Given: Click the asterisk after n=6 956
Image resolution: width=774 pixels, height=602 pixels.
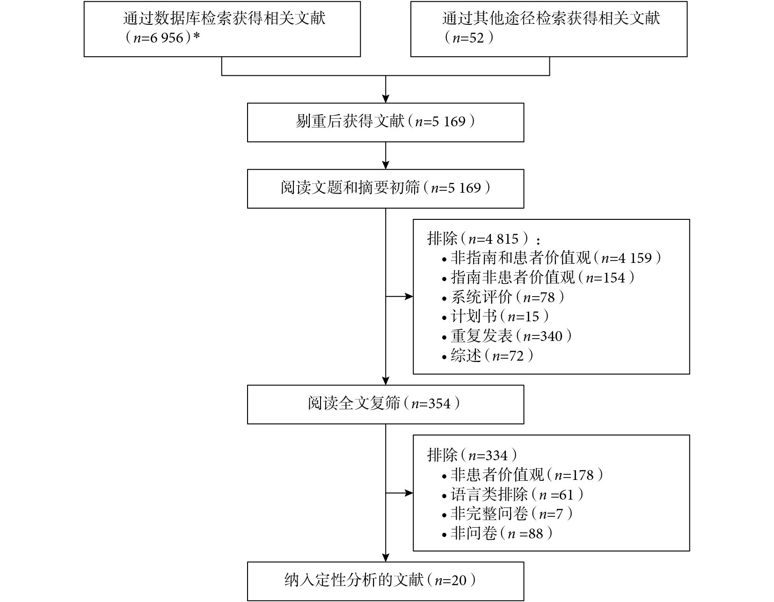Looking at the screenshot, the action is [x=196, y=36].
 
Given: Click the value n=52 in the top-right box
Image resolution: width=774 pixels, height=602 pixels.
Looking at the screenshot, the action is [x=468, y=38].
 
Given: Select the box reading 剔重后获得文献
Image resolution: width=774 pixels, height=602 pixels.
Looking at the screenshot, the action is [x=386, y=123].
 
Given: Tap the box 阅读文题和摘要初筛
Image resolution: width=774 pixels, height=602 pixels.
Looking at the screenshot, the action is [x=386, y=189].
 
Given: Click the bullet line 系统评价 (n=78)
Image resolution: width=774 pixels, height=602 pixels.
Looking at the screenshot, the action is [x=504, y=297].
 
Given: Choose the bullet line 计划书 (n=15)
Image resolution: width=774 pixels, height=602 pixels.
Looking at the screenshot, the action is [x=496, y=317].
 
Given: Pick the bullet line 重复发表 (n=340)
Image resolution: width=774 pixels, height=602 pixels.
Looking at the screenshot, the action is [x=507, y=336].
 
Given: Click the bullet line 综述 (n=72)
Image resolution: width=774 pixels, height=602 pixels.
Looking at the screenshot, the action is [x=488, y=355].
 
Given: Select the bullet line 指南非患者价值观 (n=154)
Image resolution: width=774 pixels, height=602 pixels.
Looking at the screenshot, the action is [x=538, y=278].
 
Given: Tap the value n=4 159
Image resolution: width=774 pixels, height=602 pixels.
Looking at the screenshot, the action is [x=627, y=258].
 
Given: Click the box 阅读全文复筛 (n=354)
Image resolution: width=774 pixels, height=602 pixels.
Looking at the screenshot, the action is [x=386, y=405].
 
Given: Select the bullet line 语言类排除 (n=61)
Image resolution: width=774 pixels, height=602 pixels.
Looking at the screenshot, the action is [x=513, y=494].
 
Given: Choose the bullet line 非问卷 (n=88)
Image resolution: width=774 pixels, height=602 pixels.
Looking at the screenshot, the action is [x=497, y=533].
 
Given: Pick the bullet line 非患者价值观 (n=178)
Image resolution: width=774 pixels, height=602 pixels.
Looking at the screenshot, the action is [x=523, y=475].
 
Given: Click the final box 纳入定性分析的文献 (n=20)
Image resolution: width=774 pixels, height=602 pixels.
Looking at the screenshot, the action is [x=386, y=581].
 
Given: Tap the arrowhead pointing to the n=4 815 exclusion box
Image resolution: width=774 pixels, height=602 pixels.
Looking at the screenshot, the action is [x=409, y=296].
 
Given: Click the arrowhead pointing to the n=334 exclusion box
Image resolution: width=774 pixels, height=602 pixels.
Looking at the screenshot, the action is [x=409, y=493].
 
